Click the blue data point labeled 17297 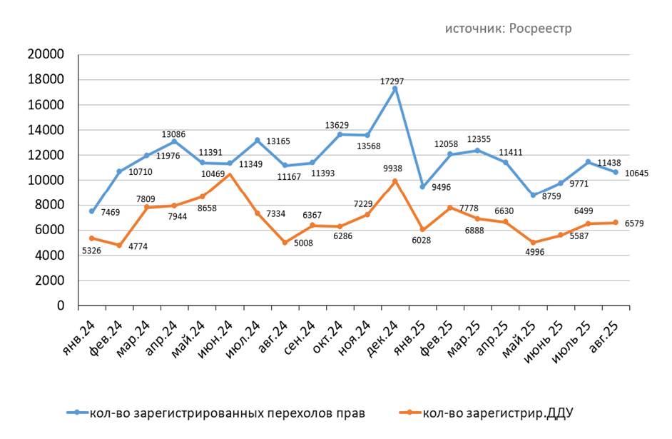coord(394,89)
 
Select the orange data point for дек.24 coord(394,181)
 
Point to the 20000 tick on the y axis coord(45,55)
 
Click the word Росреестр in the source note coord(540,29)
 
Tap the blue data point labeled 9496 coord(422,187)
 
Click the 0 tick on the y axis coord(61,306)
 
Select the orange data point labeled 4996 coord(532,243)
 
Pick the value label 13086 coord(173,133)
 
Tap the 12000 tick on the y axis coord(45,155)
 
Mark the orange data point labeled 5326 coord(91,238)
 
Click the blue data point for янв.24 coord(91,211)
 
